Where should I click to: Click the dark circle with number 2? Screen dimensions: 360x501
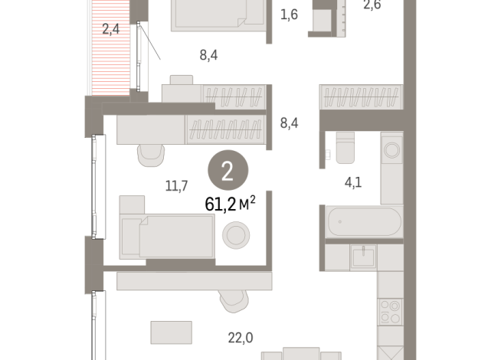click(227, 171)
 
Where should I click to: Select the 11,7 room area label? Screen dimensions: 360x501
click(175, 184)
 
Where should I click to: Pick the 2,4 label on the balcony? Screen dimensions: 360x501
click(111, 31)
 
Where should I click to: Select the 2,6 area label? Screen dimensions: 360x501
click(371, 5)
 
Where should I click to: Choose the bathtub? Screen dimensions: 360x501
click(363, 222)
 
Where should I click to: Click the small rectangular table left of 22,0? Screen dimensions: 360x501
click(166, 332)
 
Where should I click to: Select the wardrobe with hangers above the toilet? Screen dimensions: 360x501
click(359, 98)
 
